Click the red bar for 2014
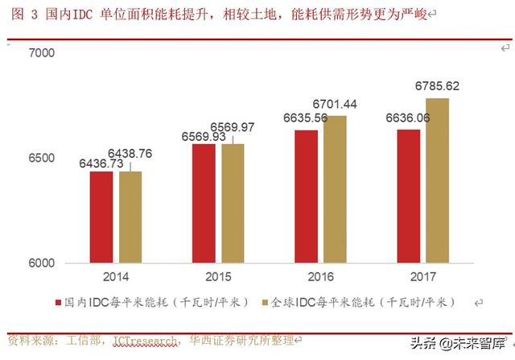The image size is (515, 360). (x=101, y=217)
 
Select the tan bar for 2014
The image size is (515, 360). (x=130, y=217)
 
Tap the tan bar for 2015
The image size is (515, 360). (x=233, y=203)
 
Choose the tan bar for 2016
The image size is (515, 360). (x=335, y=189)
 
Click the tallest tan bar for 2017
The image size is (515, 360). (x=438, y=180)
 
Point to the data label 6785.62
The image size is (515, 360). (x=437, y=86)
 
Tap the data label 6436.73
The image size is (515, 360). (x=101, y=163)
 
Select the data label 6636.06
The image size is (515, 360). (x=407, y=118)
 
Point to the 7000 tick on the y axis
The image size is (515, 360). (x=41, y=53)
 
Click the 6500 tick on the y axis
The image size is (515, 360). (x=41, y=158)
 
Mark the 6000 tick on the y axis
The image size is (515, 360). (x=41, y=263)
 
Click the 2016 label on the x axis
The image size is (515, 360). (x=320, y=277)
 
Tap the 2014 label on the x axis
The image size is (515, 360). (x=116, y=277)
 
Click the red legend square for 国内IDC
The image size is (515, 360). (x=58, y=304)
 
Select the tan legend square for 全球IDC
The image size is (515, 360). (x=266, y=304)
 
